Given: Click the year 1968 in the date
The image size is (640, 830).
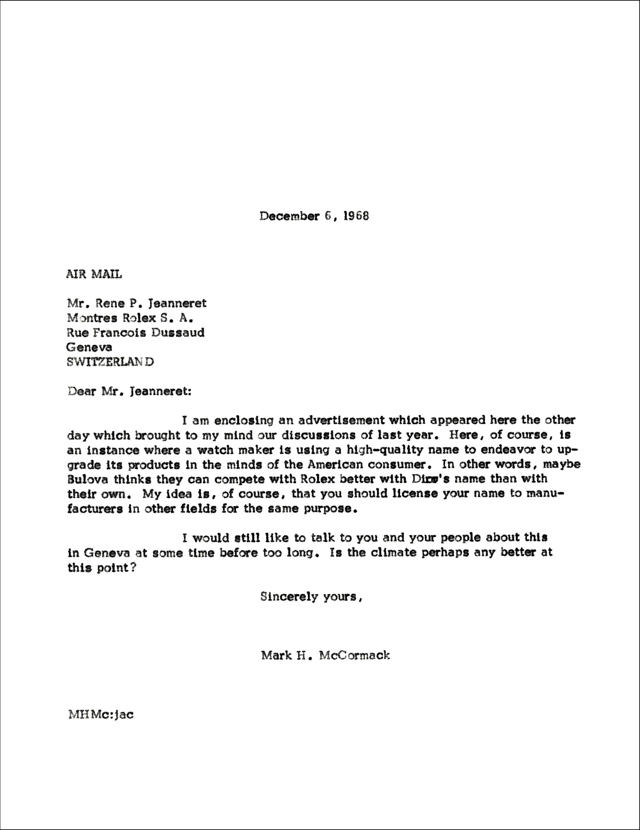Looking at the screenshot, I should coord(356,216).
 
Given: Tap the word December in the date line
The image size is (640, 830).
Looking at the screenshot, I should coord(289,216).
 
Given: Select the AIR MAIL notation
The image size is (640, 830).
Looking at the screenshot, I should coord(94,274).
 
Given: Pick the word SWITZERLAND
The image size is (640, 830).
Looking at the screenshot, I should coord(110,362).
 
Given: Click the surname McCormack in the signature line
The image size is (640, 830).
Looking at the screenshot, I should coord(354,655).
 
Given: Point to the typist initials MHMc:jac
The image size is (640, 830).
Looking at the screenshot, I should coord(101,714).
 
